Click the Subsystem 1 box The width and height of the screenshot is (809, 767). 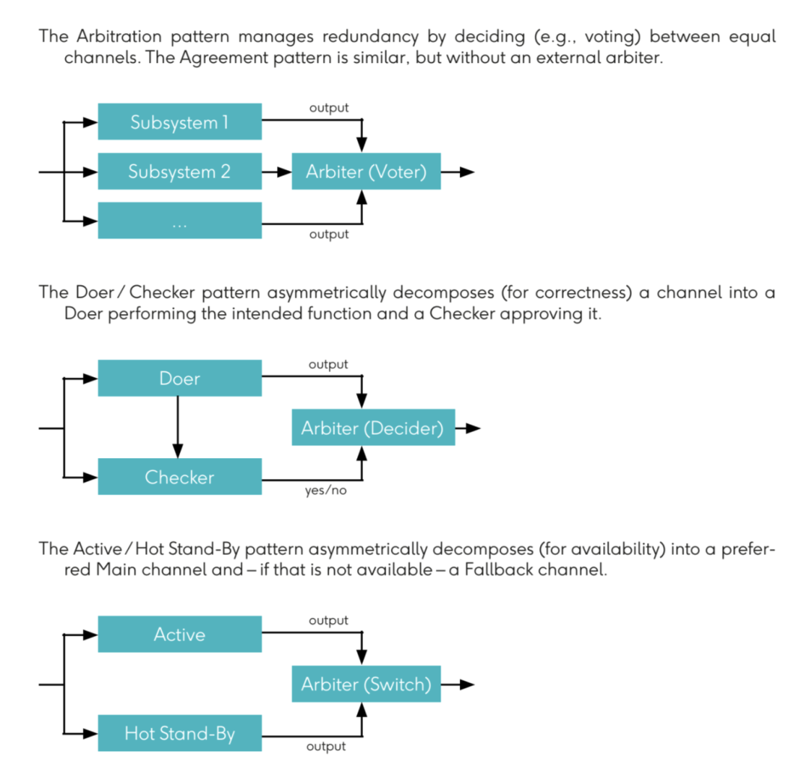(x=180, y=121)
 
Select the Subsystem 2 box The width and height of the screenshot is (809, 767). (x=180, y=171)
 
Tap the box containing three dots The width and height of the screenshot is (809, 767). (x=180, y=220)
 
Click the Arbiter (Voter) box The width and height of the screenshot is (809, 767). (x=366, y=171)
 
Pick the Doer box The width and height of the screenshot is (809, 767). (x=180, y=378)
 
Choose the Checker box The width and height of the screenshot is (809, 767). (x=180, y=477)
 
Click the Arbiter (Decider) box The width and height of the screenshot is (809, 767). (x=374, y=427)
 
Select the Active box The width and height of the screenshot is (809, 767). (x=180, y=634)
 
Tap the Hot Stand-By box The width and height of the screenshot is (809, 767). (x=180, y=733)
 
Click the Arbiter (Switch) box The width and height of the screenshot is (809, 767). (x=366, y=684)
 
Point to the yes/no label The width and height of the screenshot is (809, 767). (x=326, y=490)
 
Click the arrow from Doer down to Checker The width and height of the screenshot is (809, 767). (x=178, y=427)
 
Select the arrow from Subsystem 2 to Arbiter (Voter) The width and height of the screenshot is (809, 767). (x=276, y=172)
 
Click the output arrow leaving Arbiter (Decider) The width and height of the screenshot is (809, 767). (x=468, y=428)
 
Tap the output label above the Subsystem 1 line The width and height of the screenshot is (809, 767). (x=329, y=108)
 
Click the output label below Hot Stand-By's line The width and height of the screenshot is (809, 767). (x=326, y=746)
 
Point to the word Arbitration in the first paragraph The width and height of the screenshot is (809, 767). (x=119, y=37)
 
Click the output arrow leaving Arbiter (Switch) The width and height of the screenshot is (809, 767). (x=458, y=685)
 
